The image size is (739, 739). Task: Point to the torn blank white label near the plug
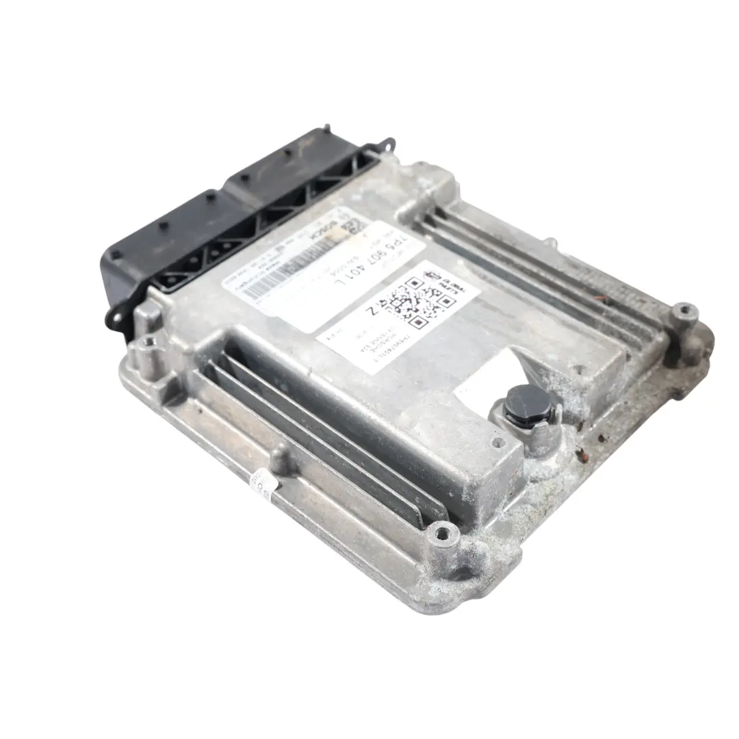pos(487,379)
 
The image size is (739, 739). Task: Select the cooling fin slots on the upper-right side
pos(541,274)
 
